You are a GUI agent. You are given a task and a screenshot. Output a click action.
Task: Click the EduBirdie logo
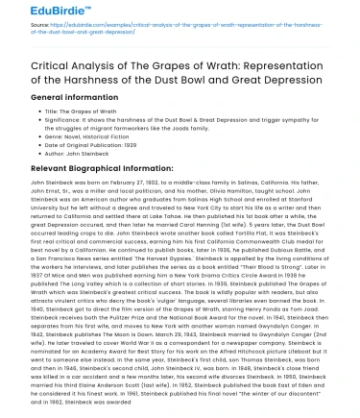[x=43, y=13]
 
